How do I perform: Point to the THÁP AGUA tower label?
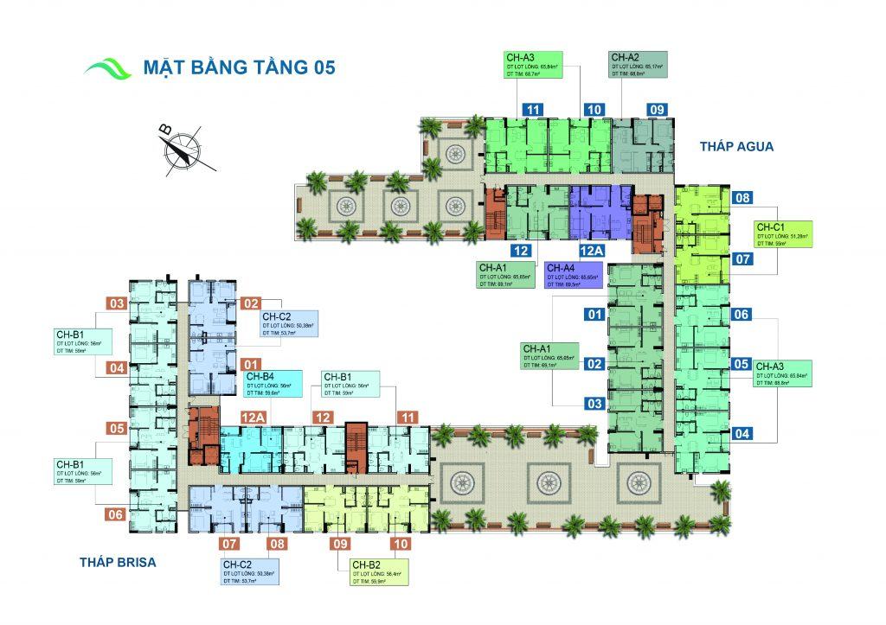point(736,147)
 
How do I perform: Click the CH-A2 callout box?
point(637,66)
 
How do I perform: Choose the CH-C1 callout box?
point(783,233)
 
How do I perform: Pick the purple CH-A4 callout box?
point(575,274)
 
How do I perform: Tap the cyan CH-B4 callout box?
point(273,383)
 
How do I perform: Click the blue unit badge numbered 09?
point(657,110)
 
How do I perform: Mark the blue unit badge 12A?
point(591,251)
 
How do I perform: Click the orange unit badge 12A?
point(253,418)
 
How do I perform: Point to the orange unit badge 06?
point(116,514)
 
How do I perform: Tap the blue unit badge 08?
point(742,198)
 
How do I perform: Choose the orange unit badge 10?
point(401,545)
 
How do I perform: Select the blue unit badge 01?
point(594,315)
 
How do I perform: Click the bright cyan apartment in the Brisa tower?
point(245,450)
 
